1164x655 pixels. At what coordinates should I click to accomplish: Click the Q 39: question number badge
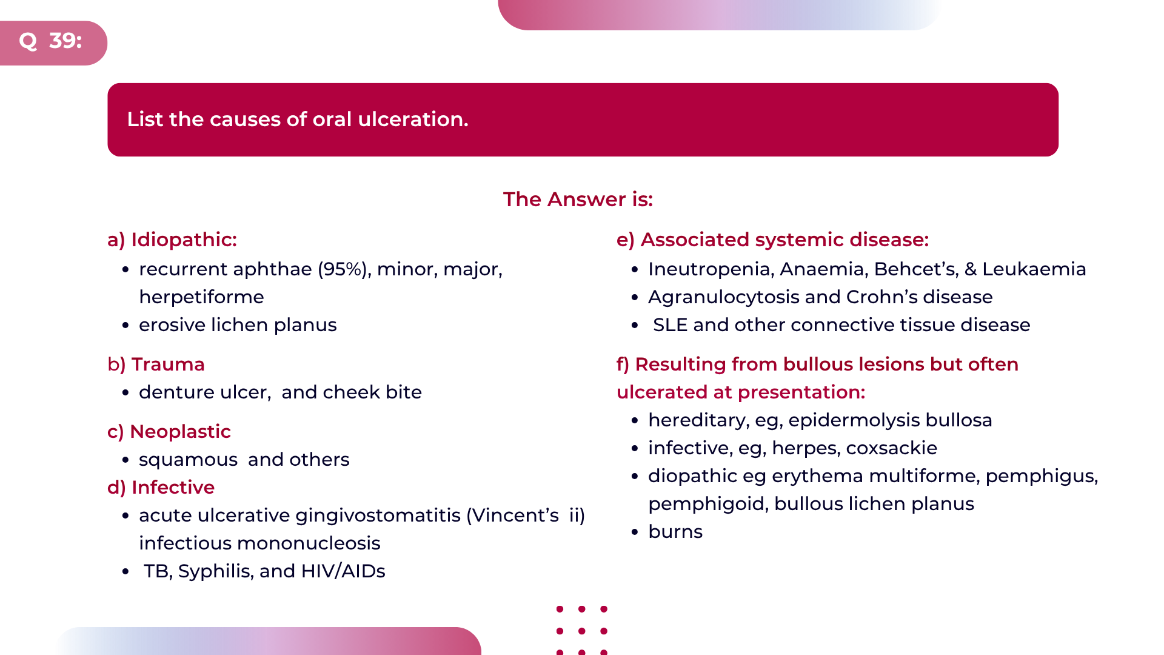(53, 42)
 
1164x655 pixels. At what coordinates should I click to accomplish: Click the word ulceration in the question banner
(413, 119)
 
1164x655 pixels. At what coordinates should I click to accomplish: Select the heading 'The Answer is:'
(578, 199)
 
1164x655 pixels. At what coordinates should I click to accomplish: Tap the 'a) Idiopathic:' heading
(172, 240)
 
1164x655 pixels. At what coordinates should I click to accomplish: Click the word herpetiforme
(201, 297)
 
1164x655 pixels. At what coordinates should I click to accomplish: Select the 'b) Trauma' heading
(156, 364)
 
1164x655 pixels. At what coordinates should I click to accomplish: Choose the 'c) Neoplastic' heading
(169, 431)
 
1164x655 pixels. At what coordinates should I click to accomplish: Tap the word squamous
(188, 460)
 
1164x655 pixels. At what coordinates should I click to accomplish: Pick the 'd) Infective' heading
(161, 487)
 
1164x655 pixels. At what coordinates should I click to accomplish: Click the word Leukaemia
(1034, 269)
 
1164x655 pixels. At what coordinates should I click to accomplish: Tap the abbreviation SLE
(670, 325)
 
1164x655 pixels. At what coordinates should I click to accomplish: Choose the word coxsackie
(891, 448)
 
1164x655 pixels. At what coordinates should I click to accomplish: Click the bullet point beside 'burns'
(635, 532)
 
